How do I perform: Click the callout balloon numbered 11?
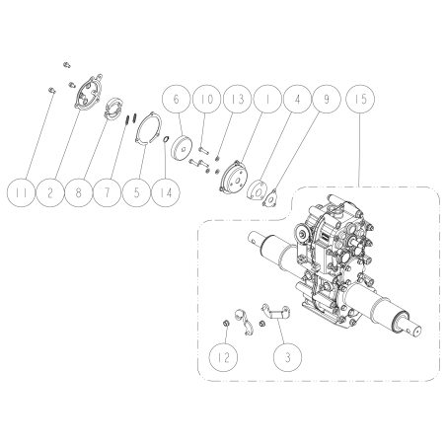[21, 192]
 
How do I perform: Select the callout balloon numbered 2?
[49, 192]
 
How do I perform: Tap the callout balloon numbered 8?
[78, 192]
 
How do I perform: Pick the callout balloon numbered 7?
[107, 192]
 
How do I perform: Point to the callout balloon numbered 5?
[136, 192]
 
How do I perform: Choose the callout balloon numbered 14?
[166, 192]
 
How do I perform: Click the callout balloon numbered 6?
[177, 99]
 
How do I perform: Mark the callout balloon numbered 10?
[207, 99]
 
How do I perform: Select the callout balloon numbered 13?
[237, 99]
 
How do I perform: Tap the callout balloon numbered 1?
[267, 99]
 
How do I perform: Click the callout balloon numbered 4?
[297, 99]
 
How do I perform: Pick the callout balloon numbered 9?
[327, 99]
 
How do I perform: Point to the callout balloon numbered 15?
[360, 99]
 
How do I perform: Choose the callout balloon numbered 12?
[224, 357]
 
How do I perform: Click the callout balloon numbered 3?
[288, 357]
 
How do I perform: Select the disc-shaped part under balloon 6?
[181, 148]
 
